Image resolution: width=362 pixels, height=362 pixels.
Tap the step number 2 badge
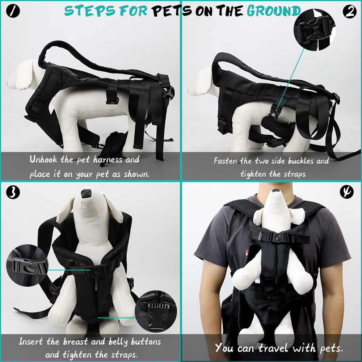[349, 12]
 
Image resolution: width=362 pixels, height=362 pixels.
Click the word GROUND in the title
[274, 11]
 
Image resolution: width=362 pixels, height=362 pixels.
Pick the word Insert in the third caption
[31, 341]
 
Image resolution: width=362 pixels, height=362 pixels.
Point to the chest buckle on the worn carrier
[278, 238]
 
